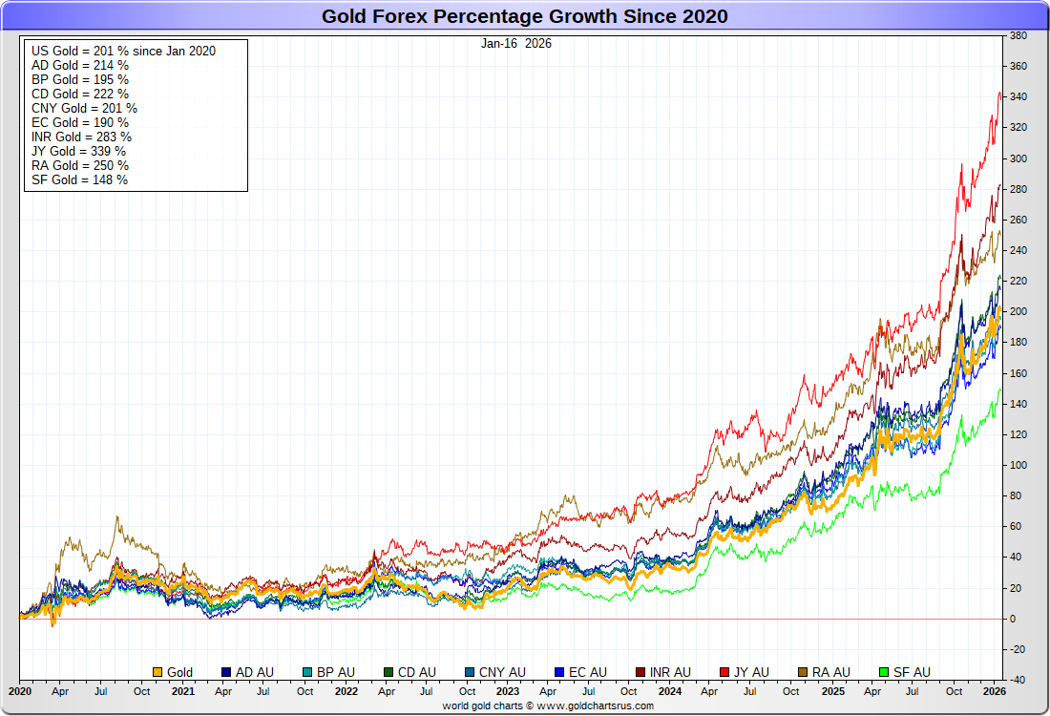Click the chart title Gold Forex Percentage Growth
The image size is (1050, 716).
[524, 16]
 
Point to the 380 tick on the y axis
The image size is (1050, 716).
[1018, 36]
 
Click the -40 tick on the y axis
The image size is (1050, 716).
[1018, 680]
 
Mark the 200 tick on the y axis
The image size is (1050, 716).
[1018, 311]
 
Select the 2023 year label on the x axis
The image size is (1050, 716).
[508, 691]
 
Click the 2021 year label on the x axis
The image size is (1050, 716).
[182, 691]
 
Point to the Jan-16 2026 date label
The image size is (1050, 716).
[515, 43]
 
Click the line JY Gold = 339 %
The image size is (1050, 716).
[78, 151]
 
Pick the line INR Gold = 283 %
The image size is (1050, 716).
[81, 137]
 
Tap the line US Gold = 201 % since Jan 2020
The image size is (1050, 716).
[123, 51]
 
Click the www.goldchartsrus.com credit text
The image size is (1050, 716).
[548, 705]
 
